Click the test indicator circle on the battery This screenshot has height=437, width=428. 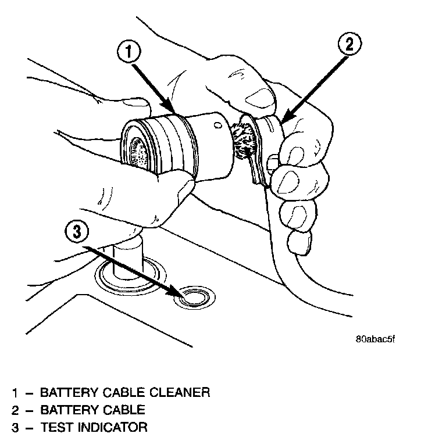click(x=192, y=298)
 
